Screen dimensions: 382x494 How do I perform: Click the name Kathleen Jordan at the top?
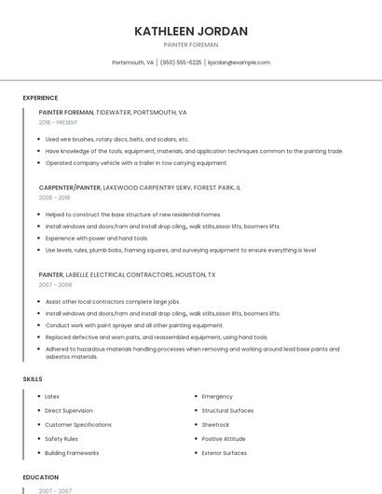tap(191, 31)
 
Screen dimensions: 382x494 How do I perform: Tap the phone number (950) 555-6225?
tap(181, 62)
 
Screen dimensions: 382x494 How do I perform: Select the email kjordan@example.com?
tap(239, 62)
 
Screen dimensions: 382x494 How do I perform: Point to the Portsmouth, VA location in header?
tap(132, 62)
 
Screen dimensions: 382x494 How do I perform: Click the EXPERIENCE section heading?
tap(40, 98)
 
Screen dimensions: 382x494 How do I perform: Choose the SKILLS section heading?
tap(33, 379)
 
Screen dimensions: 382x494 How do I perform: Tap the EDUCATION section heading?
tap(40, 477)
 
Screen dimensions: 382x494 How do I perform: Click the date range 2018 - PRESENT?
tap(59, 122)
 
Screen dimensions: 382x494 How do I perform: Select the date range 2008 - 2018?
tap(54, 198)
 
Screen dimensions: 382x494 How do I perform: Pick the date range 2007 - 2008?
tap(54, 285)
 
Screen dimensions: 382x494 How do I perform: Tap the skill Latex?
tap(52, 396)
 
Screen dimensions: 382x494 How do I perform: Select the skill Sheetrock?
tap(215, 424)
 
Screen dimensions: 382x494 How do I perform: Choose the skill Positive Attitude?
tap(224, 438)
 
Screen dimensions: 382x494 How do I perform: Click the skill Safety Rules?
tap(61, 438)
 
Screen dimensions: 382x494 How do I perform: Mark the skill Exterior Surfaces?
tap(225, 453)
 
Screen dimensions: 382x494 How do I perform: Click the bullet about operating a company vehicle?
tap(136, 162)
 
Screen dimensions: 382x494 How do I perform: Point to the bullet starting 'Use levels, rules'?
tap(181, 250)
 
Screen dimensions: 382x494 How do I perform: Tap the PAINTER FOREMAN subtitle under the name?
tap(191, 45)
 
